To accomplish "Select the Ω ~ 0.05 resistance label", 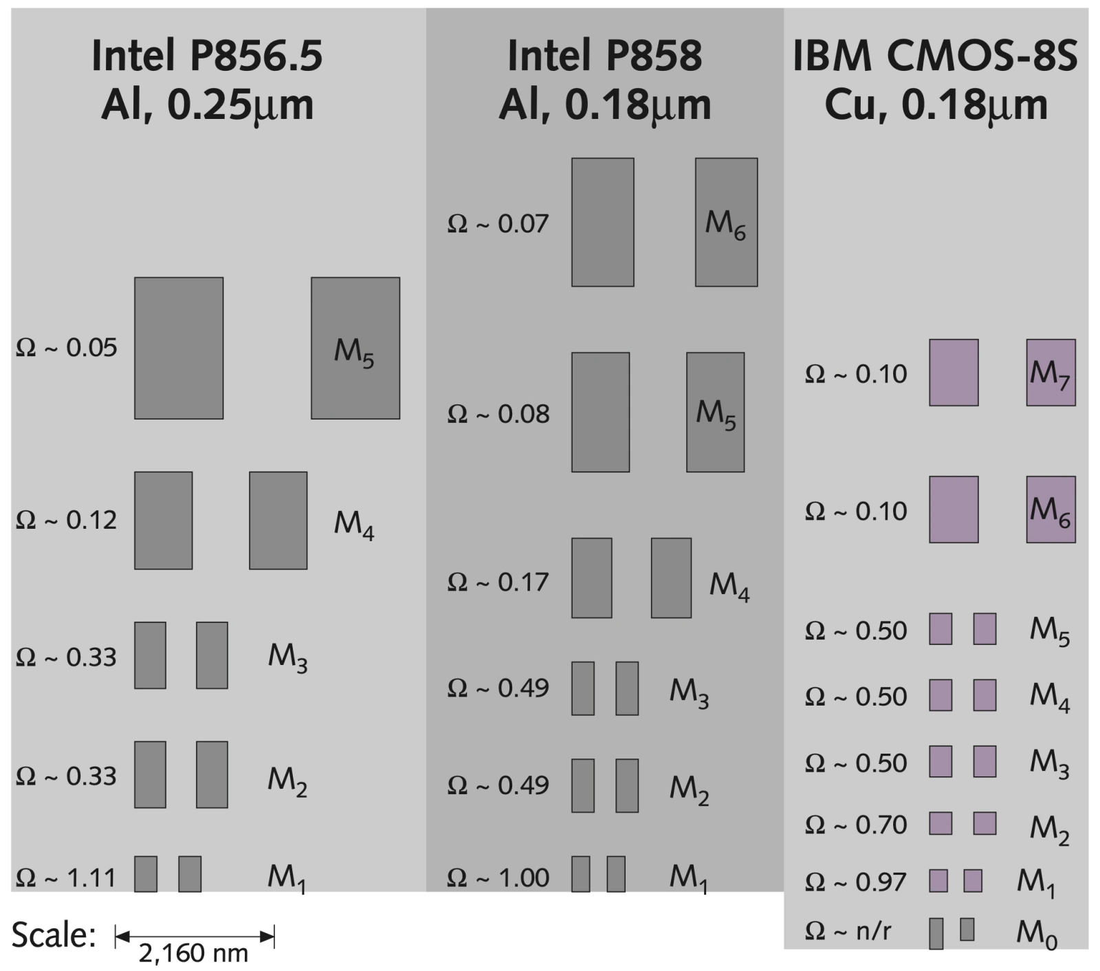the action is [66, 348].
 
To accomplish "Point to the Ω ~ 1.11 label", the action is [66, 878].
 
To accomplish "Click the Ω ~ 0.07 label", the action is [498, 224].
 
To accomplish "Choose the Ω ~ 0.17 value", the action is [498, 582].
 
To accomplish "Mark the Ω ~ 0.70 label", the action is [856, 825].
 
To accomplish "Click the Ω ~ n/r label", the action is [848, 931].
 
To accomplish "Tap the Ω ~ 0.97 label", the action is [856, 882].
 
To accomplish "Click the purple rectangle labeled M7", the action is [1050, 372].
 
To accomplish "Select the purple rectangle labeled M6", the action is [1050, 510].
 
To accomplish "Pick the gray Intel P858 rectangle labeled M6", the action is [726, 222].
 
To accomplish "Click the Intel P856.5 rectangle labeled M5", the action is [355, 348].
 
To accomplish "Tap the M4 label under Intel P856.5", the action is [354, 525].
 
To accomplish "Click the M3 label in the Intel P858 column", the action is [690, 692].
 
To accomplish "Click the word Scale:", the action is [54, 935].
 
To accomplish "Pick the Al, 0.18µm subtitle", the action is [605, 105].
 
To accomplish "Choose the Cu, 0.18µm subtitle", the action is [936, 105].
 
